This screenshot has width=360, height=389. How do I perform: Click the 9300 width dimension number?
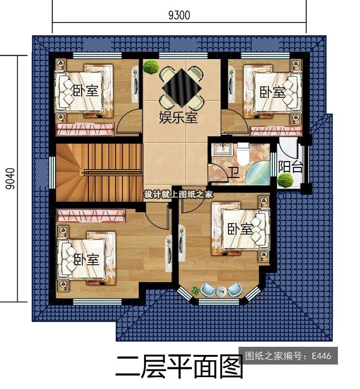pyautogui.click(x=179, y=15)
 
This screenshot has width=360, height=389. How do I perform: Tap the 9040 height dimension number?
pyautogui.click(x=11, y=178)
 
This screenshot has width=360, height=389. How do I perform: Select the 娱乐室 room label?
pyautogui.click(x=178, y=117)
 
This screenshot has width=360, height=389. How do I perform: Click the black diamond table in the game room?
pyautogui.click(x=181, y=87)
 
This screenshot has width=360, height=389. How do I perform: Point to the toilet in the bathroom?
pyautogui.click(x=243, y=154)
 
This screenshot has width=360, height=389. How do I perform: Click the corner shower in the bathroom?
pyautogui.click(x=258, y=173)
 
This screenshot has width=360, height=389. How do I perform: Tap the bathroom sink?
pyautogui.click(x=222, y=150)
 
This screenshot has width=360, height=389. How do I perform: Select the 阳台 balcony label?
pyautogui.click(x=290, y=167)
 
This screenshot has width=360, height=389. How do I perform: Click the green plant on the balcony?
pyautogui.click(x=286, y=180)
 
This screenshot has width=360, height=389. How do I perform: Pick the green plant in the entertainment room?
pyautogui.click(x=151, y=67)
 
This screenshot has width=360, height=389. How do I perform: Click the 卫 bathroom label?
pyautogui.click(x=234, y=173)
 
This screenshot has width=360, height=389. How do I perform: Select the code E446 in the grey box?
pyautogui.click(x=322, y=356)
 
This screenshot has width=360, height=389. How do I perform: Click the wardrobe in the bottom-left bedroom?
pyautogui.click(x=91, y=215)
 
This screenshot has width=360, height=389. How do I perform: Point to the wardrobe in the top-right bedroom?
pyautogui.click(x=276, y=131)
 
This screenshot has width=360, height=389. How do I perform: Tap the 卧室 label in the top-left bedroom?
pyautogui.click(x=85, y=91)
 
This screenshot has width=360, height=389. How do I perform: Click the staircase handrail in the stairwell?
pyautogui.click(x=113, y=172)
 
